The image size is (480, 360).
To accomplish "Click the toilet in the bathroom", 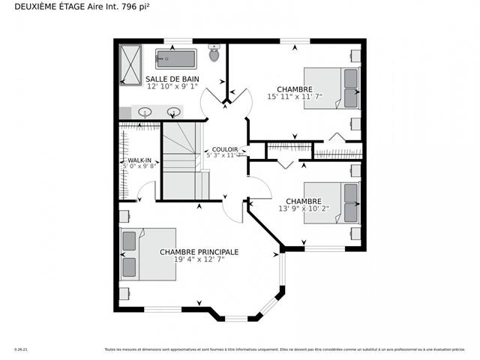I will pyautogui.click(x=214, y=53).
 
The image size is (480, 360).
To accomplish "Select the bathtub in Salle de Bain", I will pyautogui.click(x=176, y=58).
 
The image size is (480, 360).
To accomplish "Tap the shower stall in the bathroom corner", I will pyautogui.click(x=130, y=66).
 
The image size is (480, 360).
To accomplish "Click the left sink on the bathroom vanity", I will pyautogui.click(x=146, y=112).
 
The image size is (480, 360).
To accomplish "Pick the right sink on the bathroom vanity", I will pyautogui.click(x=173, y=112).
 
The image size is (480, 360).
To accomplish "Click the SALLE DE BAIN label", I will pyautogui.click(x=172, y=79).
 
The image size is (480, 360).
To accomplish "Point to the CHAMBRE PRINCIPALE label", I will pyautogui.click(x=199, y=252).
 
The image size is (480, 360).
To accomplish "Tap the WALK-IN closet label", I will pyautogui.click(x=139, y=160).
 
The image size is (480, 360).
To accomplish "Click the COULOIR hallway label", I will pyautogui.click(x=225, y=149).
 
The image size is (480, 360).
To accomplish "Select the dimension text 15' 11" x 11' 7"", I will pyautogui.click(x=294, y=97).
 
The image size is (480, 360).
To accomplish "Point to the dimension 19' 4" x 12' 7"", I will pyautogui.click(x=199, y=259).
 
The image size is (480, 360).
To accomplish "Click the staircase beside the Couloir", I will pyautogui.click(x=181, y=161).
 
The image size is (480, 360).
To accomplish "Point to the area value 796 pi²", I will pyautogui.click(x=140, y=8).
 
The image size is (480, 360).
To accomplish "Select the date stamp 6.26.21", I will pyautogui.click(x=21, y=349).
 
